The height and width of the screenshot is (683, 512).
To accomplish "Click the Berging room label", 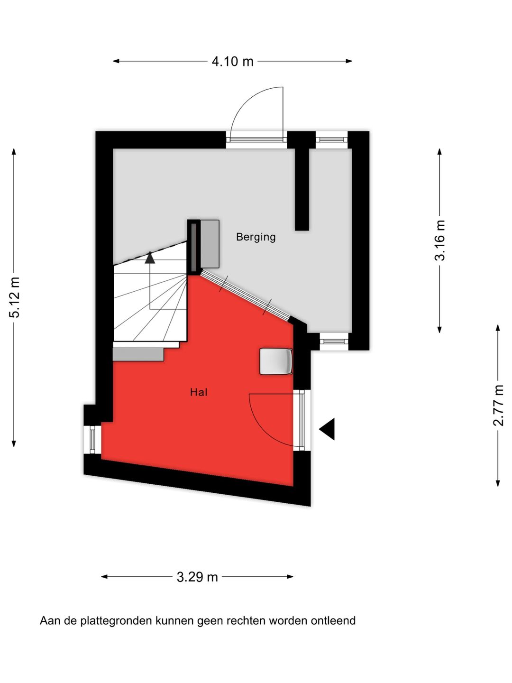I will coord(256,237).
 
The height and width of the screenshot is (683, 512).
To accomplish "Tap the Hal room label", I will coord(199,392).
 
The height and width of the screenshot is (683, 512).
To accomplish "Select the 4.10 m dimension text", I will coord(232,62).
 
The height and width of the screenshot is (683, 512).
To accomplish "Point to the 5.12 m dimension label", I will coord(15,297).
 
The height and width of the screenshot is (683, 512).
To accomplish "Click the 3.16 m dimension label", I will coord(440,240).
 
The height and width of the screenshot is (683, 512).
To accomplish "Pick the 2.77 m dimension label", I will coord(498,406).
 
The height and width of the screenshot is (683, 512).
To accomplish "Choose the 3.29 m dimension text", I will coord(197,577).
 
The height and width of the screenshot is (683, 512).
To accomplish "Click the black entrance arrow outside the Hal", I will coord(328,429).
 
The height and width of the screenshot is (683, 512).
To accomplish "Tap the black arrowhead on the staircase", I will coord(150,258).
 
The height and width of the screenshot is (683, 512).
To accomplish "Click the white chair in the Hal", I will coord(276,361).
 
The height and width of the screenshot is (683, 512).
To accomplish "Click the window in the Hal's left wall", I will coord(92,440).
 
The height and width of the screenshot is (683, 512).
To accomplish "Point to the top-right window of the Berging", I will coord(331,139).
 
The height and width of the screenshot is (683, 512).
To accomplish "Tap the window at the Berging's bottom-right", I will coord(334,341).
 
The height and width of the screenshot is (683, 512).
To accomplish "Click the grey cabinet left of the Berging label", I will coord(210,244).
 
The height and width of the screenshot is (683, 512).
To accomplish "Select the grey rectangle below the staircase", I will coord(138,354).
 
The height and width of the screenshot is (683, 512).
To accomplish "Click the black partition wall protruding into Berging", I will coord(302,190).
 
